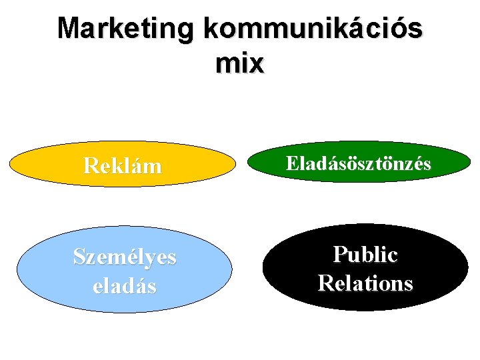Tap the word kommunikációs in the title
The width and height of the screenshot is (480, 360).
(x=313, y=30)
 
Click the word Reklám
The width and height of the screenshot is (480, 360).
(x=123, y=165)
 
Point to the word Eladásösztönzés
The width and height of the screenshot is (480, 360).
(x=359, y=163)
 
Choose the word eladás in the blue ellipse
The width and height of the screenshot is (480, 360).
(x=125, y=286)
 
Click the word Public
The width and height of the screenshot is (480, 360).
(x=365, y=254)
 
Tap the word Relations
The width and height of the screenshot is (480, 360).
(x=365, y=283)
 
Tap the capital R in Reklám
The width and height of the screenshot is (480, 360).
(x=91, y=165)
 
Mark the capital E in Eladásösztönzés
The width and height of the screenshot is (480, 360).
(x=292, y=163)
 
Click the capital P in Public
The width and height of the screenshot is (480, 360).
(x=339, y=254)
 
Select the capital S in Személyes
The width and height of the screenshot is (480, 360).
(x=79, y=257)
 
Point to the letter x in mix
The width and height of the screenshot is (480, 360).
(x=257, y=65)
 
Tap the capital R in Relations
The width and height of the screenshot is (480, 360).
(x=325, y=283)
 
